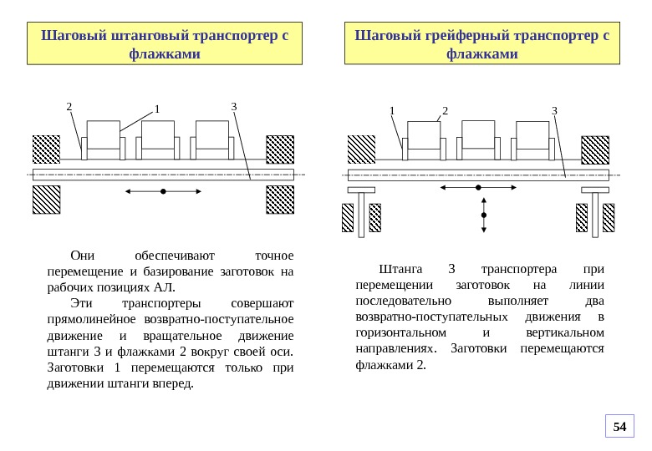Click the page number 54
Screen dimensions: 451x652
tap(619, 427)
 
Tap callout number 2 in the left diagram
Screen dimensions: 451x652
tap(69, 106)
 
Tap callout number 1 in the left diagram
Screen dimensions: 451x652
tap(155, 109)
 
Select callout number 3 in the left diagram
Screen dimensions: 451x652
tap(234, 106)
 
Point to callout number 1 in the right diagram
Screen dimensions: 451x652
tap(390, 110)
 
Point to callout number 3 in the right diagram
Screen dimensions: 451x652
tap(553, 110)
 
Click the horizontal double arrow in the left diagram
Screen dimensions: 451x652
tap(163, 192)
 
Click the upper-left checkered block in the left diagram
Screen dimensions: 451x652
tap(47, 149)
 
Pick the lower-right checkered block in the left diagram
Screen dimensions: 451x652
tap(280, 200)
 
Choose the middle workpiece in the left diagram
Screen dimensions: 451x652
tap(157, 135)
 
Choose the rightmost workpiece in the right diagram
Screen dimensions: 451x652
tap(532, 135)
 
